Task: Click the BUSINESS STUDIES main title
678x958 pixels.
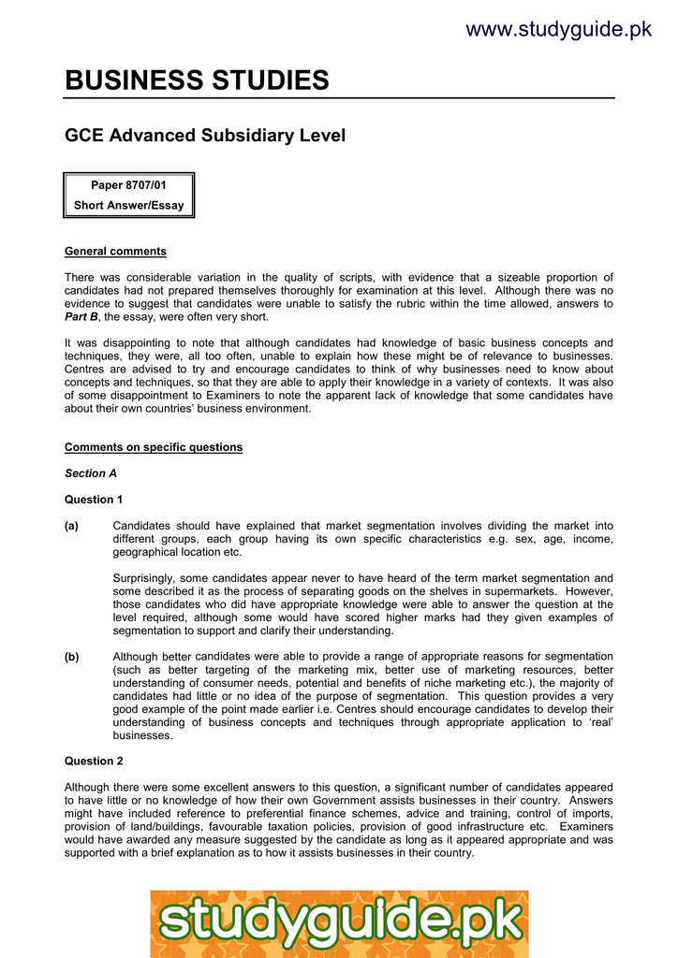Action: (197, 80)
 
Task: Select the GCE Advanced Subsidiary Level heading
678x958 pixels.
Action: (205, 136)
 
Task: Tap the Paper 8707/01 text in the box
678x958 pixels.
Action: (128, 186)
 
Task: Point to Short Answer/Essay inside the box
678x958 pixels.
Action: (129, 206)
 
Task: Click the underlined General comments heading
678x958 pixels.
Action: (115, 252)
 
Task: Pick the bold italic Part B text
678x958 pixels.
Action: (82, 317)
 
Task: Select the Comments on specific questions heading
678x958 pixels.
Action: (154, 447)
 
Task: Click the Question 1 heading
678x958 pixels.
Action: (94, 500)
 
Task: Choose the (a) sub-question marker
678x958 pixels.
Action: (71, 527)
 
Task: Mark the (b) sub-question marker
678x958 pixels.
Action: (71, 657)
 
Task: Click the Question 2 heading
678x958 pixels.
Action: (94, 762)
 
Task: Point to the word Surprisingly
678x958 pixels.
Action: (145, 578)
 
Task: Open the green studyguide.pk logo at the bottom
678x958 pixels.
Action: (339, 922)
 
